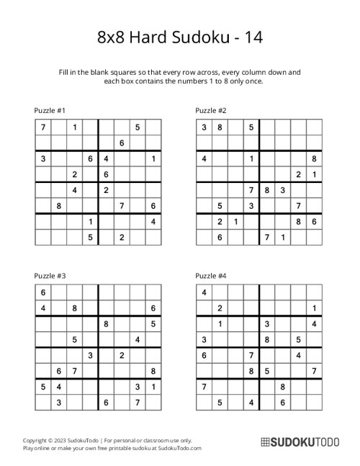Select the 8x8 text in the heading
[110, 37]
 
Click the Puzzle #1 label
[50, 110]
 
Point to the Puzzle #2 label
[211, 110]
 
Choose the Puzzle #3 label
[50, 275]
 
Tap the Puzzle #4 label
[211, 275]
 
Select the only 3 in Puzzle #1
[43, 158]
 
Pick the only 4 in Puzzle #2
[204, 158]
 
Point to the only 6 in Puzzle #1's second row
[122, 143]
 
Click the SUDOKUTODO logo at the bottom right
[296, 442]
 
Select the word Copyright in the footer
[37, 439]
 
